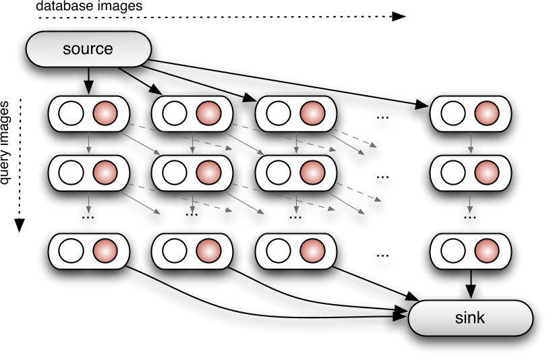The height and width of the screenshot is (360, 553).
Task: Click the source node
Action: pos(88,49)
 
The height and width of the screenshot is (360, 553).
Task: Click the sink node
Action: pos(469,318)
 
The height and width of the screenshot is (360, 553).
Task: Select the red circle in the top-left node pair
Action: pos(105,113)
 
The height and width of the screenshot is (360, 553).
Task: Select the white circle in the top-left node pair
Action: pos(70,113)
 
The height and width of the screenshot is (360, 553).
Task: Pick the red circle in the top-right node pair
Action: pos(486,113)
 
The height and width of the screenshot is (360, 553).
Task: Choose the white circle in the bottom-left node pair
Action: pos(70,252)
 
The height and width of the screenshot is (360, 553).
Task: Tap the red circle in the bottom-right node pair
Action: pos(486,252)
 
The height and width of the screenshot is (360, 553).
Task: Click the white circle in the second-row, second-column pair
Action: pos(174,173)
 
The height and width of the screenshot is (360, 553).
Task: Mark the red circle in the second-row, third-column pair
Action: pos(312,173)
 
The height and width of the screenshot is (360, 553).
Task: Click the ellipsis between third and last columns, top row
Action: pos(383,117)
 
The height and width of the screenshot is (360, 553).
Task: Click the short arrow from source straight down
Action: pos(88,84)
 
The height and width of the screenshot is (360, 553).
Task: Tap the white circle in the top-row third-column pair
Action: pos(278,113)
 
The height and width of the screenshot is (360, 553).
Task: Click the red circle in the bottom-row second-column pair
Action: pos(208,252)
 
